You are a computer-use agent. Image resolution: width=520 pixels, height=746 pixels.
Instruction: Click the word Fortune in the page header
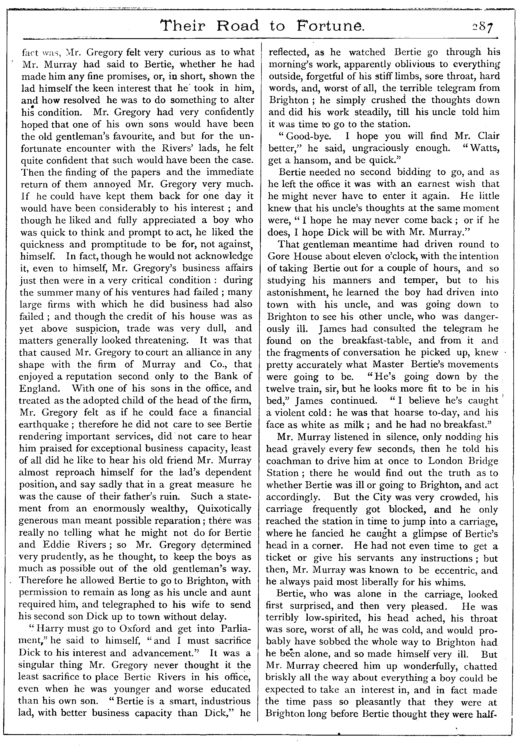click(x=331, y=26)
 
